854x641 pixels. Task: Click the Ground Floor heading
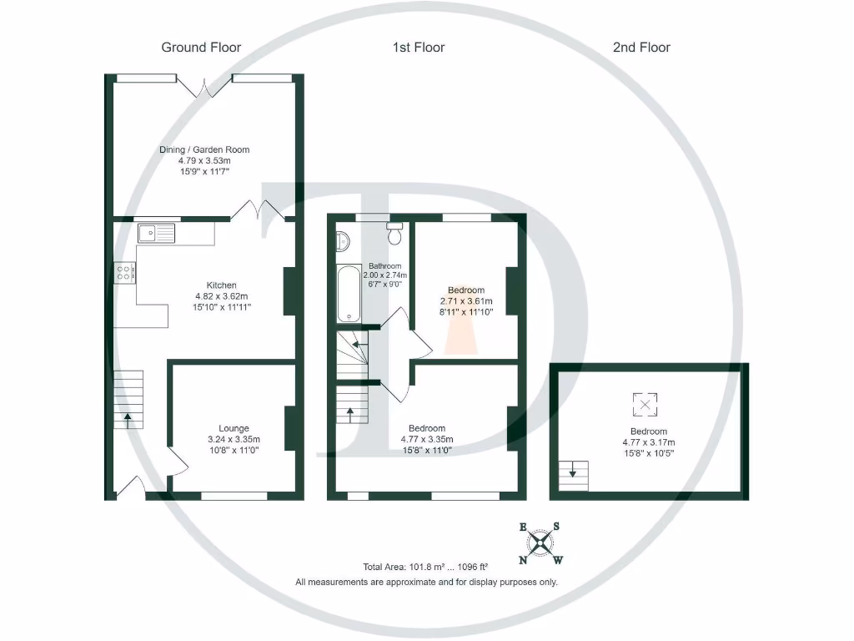click(x=201, y=48)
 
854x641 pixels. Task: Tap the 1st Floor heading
click(x=419, y=48)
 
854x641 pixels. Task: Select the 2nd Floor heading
click(x=641, y=48)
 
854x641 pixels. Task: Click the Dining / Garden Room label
click(x=204, y=150)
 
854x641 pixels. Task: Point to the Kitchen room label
click(x=221, y=285)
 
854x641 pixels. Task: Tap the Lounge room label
click(x=234, y=429)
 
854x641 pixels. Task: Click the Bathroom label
click(x=374, y=266)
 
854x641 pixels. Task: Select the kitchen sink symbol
click(x=157, y=232)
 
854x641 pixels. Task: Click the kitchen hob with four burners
click(x=125, y=272)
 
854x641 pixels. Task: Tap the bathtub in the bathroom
click(x=349, y=294)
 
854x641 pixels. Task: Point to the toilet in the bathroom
click(x=394, y=234)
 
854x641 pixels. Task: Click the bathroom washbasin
click(x=342, y=241)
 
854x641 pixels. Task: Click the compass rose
click(x=540, y=543)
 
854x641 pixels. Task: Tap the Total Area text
click(x=425, y=567)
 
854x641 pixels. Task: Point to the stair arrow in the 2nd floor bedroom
click(x=573, y=473)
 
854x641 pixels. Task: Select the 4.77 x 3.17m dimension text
click(x=649, y=443)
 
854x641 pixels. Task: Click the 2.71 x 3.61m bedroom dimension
click(x=466, y=301)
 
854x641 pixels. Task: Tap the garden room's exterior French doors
click(x=204, y=86)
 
